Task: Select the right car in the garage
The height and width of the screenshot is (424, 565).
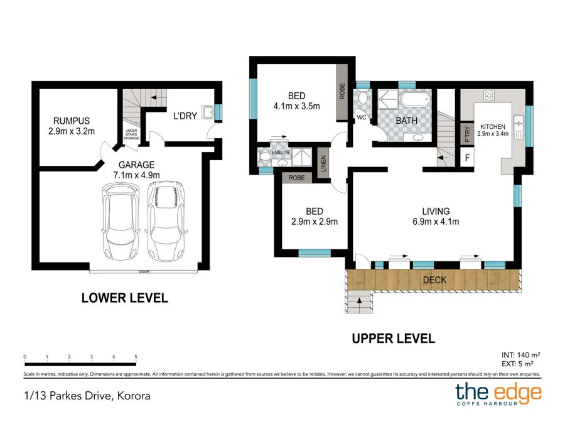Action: coord(166,221)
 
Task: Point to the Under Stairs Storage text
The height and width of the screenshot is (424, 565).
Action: coord(131,135)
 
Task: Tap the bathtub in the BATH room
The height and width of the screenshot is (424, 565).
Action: coord(415,99)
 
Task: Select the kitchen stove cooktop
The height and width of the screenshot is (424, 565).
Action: coord(488,96)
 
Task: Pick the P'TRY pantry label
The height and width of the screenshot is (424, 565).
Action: coord(467,133)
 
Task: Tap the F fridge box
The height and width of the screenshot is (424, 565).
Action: coord(467,158)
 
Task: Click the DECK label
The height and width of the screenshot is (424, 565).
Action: coord(434,280)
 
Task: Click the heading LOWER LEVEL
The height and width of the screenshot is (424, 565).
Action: coord(125,298)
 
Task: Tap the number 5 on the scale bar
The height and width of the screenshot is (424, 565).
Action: coord(136,357)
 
